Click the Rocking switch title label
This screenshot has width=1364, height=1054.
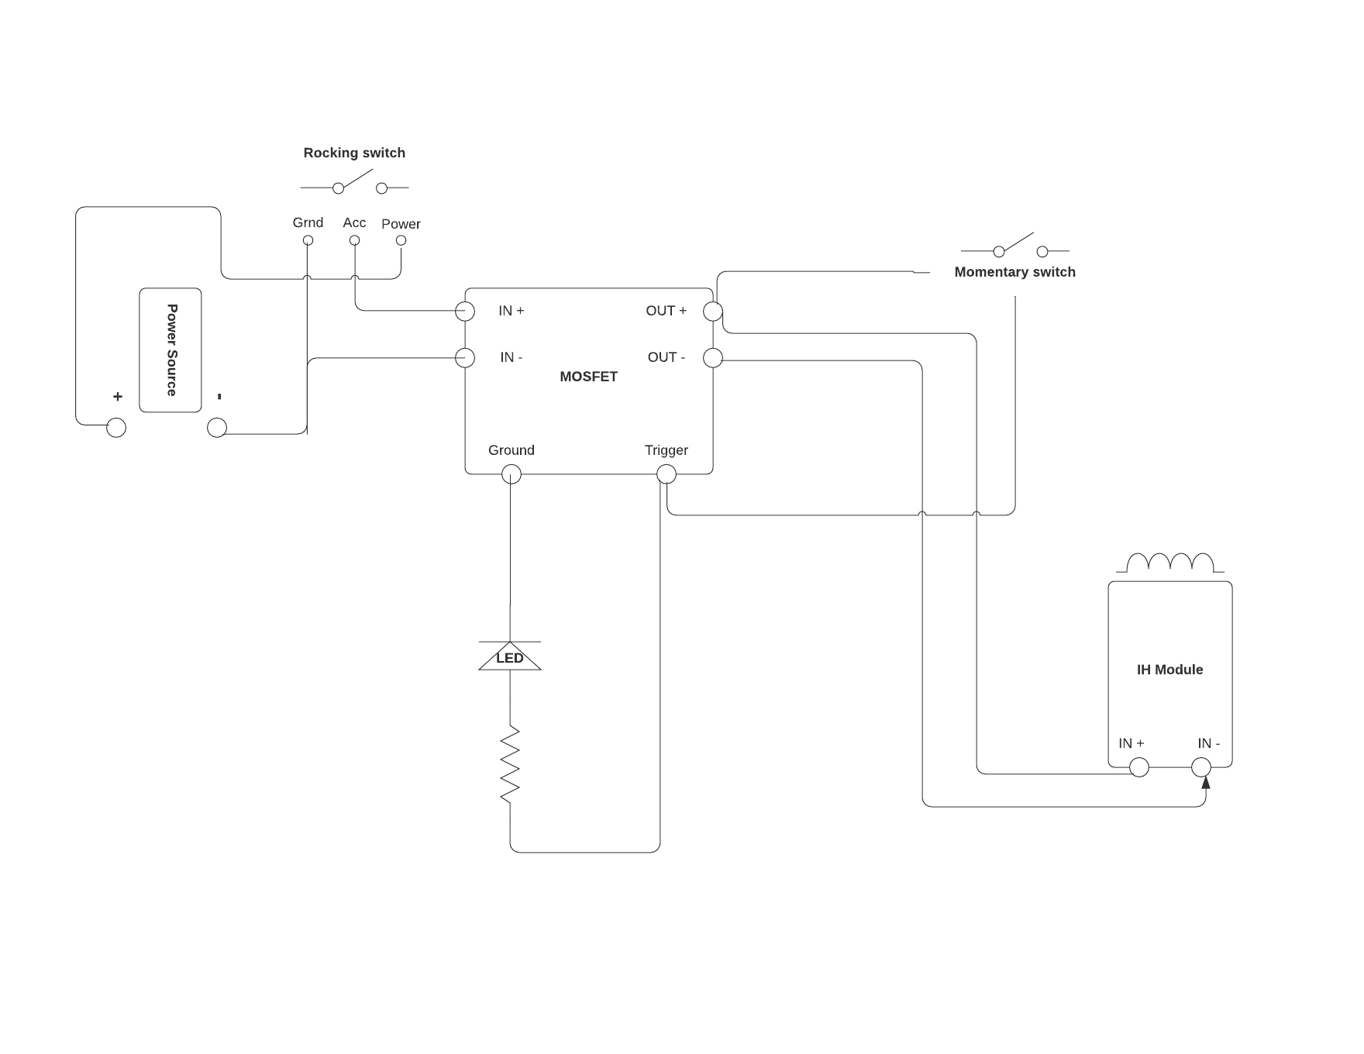(x=354, y=153)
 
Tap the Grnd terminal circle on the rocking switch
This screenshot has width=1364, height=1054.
(x=308, y=240)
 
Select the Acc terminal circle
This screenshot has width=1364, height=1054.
(x=354, y=240)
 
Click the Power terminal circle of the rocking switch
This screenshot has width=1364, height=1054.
(x=401, y=240)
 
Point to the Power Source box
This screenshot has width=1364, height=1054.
(x=170, y=350)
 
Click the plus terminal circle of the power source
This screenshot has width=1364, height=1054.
(x=116, y=427)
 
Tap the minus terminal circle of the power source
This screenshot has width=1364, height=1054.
(x=217, y=427)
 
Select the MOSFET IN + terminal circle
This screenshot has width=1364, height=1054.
(x=465, y=312)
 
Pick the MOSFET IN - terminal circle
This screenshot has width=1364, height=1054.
(x=465, y=357)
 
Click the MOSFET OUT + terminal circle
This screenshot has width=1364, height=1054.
(x=713, y=312)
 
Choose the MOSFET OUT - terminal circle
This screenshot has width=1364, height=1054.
(x=713, y=357)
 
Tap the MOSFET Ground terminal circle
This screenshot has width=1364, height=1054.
(x=511, y=474)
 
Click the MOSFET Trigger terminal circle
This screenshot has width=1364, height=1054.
(x=666, y=474)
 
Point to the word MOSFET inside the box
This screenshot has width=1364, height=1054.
(x=588, y=377)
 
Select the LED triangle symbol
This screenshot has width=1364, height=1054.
(x=510, y=656)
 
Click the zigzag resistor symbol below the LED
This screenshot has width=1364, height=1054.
(x=510, y=764)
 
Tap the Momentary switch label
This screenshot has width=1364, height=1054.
(x=1014, y=272)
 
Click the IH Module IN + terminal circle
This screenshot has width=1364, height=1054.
(x=1139, y=767)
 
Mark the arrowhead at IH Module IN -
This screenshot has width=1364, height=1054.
(x=1206, y=783)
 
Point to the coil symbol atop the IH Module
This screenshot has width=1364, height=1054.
(x=1170, y=562)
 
